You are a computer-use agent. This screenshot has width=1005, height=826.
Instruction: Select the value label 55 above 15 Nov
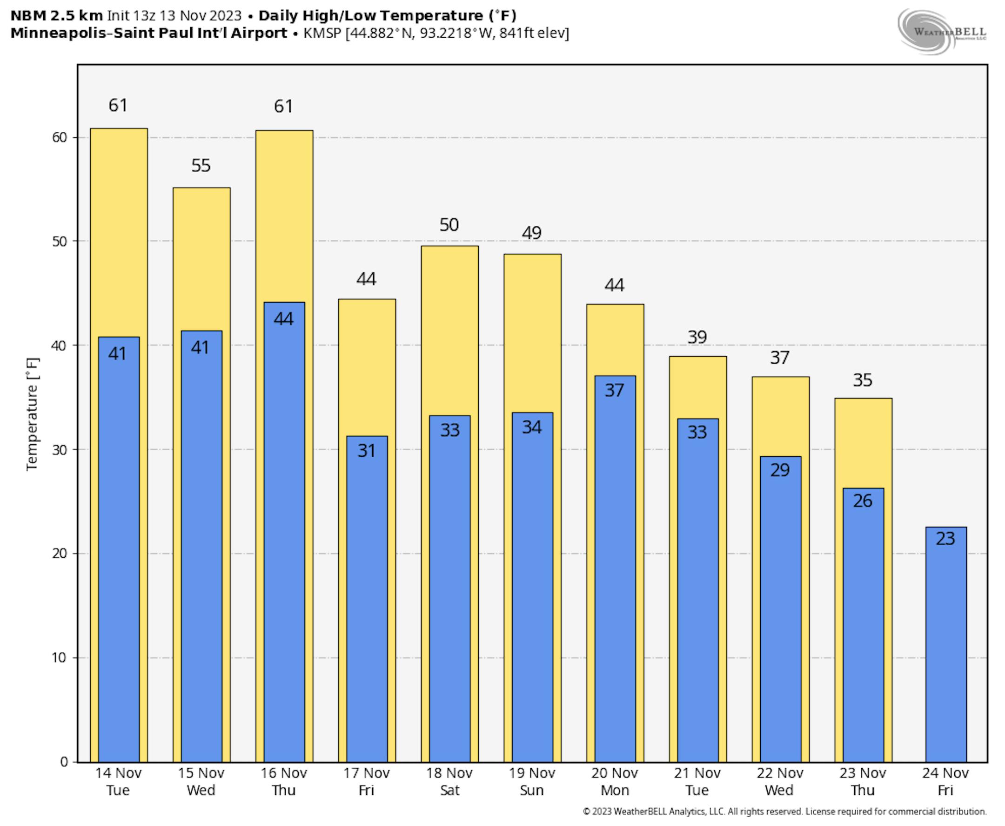point(201,166)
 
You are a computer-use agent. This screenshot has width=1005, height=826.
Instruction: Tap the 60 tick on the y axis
point(60,137)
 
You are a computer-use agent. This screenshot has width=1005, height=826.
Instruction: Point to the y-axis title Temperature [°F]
point(32,414)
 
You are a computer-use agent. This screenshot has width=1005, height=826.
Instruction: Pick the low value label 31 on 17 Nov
point(367,451)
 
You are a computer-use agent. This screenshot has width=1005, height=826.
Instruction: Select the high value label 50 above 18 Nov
point(449,224)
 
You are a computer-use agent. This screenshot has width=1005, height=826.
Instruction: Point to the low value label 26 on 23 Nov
point(862,501)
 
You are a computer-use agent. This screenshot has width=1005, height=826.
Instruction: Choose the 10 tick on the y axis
point(60,658)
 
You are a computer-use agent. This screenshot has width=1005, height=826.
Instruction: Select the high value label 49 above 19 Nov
point(531,233)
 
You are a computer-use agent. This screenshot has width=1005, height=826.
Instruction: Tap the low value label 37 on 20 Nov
point(614,391)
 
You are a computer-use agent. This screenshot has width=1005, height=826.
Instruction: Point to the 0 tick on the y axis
point(64,762)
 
